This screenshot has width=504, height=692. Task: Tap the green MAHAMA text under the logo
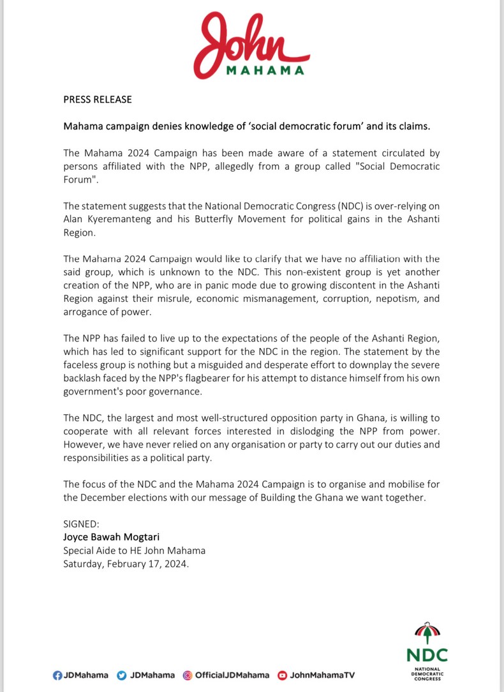click(x=265, y=71)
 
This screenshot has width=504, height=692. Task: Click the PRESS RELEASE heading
click(x=98, y=100)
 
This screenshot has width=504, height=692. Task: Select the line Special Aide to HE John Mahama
click(x=134, y=550)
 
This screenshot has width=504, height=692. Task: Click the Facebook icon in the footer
click(x=57, y=675)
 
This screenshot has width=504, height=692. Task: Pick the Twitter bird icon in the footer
click(x=122, y=675)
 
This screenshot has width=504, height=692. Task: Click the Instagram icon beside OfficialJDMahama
click(x=188, y=675)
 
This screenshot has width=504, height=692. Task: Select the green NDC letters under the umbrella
click(x=427, y=655)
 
